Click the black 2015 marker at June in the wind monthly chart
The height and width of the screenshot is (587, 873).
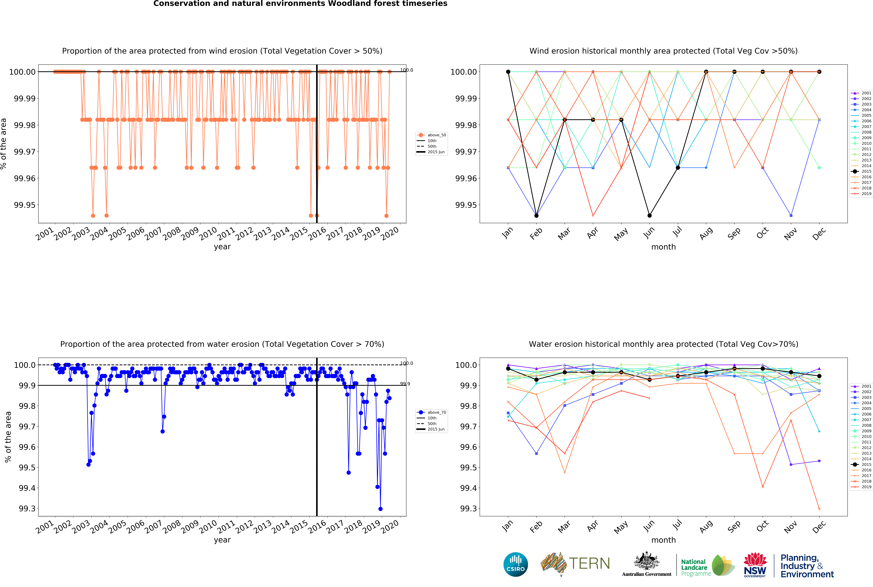coord(649,216)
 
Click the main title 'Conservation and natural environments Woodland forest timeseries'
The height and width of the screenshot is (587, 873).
coord(300,4)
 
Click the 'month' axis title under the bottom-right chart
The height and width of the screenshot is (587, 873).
coord(664,540)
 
